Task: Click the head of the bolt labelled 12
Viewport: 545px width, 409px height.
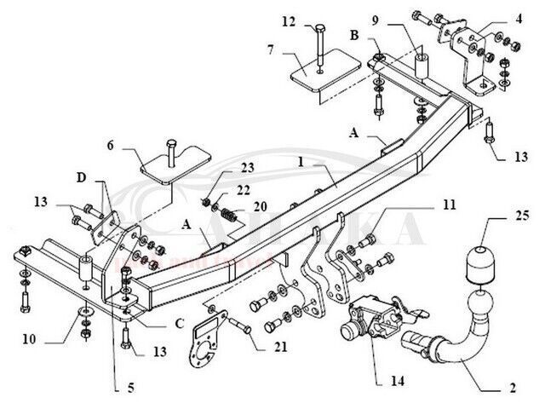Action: click(317, 29)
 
